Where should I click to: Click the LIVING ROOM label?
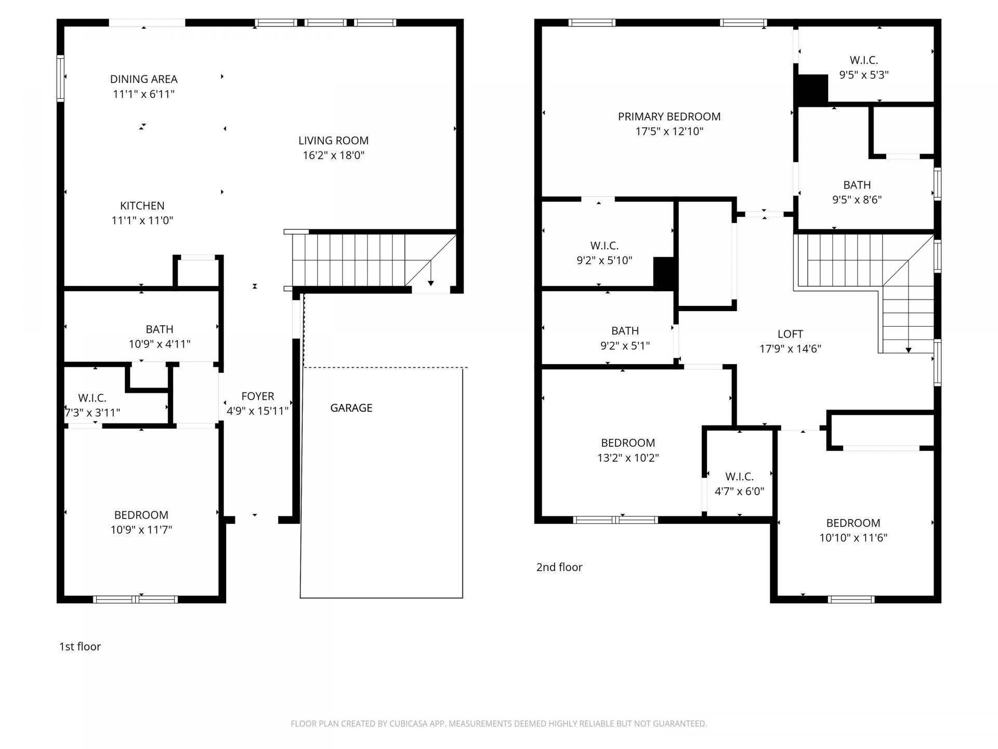pos(333,140)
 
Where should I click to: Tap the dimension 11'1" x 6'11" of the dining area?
pos(143,94)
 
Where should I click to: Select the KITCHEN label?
pos(142,205)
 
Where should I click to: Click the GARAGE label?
pos(351,408)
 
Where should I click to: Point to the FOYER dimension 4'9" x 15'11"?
pos(257,411)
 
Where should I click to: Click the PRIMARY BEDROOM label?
pos(669,117)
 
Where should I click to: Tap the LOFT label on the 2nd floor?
pos(790,334)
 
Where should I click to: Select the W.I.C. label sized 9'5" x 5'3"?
pos(863,60)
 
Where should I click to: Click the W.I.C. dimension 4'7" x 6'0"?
pos(739,492)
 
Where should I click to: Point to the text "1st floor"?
pos(80,647)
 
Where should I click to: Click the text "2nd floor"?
pos(559,567)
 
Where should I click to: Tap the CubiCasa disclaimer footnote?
pos(498,724)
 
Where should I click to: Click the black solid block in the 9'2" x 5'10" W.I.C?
pos(664,272)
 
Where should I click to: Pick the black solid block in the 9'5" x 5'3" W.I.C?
pos(812,89)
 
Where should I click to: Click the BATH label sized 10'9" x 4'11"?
pos(159,329)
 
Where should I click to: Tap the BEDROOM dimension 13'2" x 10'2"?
pos(628,458)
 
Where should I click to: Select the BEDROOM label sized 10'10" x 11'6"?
pos(853,523)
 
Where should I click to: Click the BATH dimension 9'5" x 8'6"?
pos(857,200)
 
